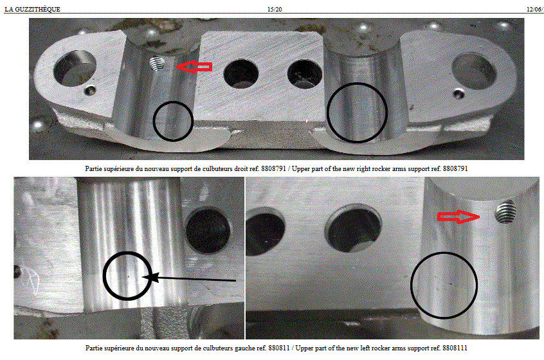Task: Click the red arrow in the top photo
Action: tap(194, 66)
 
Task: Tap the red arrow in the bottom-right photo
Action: tap(458, 217)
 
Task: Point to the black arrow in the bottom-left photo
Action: tap(189, 278)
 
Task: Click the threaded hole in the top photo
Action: tap(157, 64)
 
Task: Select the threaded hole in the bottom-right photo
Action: tap(505, 212)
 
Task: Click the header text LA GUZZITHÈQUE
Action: tap(32, 10)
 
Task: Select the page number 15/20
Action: tap(275, 10)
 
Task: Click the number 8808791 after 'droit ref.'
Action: tap(273, 168)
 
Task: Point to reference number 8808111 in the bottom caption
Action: tap(455, 348)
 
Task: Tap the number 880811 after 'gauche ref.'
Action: tap(278, 348)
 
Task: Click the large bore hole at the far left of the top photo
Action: tap(74, 68)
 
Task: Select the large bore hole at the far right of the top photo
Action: tap(474, 71)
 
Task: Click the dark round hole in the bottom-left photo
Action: tap(208, 230)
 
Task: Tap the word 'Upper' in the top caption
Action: tap(300, 169)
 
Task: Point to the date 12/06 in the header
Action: tap(534, 10)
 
